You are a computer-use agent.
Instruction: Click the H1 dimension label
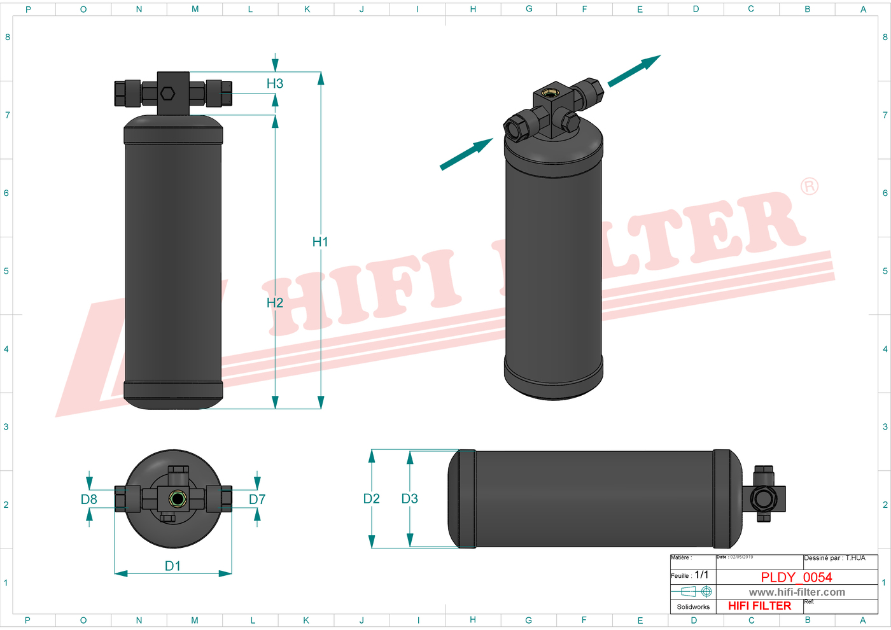[x=320, y=242]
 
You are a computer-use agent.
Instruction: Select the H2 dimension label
[x=275, y=303]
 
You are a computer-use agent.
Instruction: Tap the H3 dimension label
[x=275, y=83]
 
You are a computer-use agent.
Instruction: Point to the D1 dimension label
[x=172, y=566]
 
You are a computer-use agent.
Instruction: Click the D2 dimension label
[x=372, y=499]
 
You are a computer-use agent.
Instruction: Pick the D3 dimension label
[x=410, y=499]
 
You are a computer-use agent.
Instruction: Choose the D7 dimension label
[x=257, y=500]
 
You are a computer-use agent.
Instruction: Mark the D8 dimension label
[x=89, y=500]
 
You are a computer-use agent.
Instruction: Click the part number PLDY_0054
[x=796, y=577]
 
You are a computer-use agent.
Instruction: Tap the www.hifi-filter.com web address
[x=797, y=592]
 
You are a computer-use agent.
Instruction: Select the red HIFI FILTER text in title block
[x=759, y=606]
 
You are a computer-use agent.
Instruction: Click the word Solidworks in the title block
[x=693, y=607]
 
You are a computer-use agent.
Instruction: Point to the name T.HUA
[x=855, y=558]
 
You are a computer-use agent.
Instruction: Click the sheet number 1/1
[x=701, y=575]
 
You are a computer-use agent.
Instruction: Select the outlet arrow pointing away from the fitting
[x=634, y=71]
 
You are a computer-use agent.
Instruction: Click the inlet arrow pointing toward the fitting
[x=467, y=154]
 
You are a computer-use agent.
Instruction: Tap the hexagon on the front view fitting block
[x=167, y=94]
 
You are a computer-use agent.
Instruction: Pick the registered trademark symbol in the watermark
[x=810, y=186]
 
